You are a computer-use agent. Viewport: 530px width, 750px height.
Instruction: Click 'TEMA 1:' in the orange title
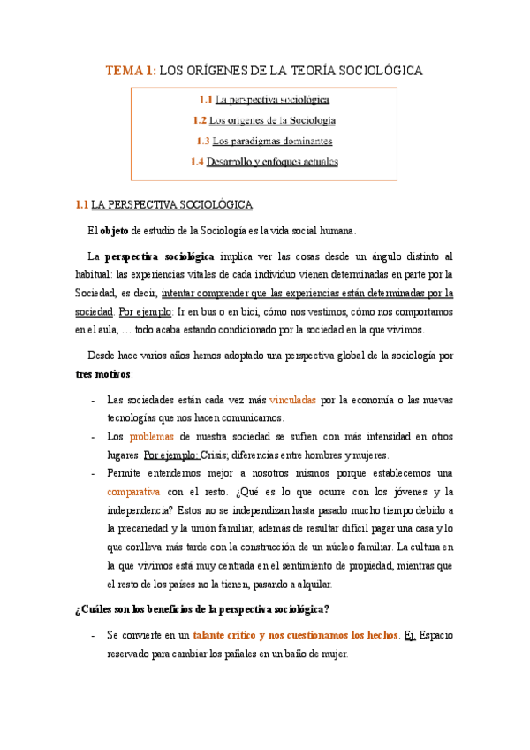pos(131,70)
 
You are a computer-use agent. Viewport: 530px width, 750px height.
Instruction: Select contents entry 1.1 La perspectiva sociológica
pos(264,100)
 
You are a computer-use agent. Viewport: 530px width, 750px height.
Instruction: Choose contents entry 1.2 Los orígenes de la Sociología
pos(264,120)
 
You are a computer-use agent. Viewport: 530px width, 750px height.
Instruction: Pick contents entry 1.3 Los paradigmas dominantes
pos(264,141)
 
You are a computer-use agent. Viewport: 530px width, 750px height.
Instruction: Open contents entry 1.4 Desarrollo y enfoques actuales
pos(264,161)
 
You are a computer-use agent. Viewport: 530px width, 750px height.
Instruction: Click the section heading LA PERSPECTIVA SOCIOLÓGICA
pos(171,205)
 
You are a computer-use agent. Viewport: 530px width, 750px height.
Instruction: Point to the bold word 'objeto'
pos(114,232)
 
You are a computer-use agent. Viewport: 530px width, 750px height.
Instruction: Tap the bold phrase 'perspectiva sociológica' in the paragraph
pos(159,257)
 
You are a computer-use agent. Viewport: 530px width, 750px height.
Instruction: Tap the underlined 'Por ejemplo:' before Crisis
pos(171,455)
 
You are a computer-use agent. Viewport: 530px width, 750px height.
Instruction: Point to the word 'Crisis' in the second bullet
pos(216,455)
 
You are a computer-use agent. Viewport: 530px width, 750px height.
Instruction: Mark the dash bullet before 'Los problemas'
pos(94,436)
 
